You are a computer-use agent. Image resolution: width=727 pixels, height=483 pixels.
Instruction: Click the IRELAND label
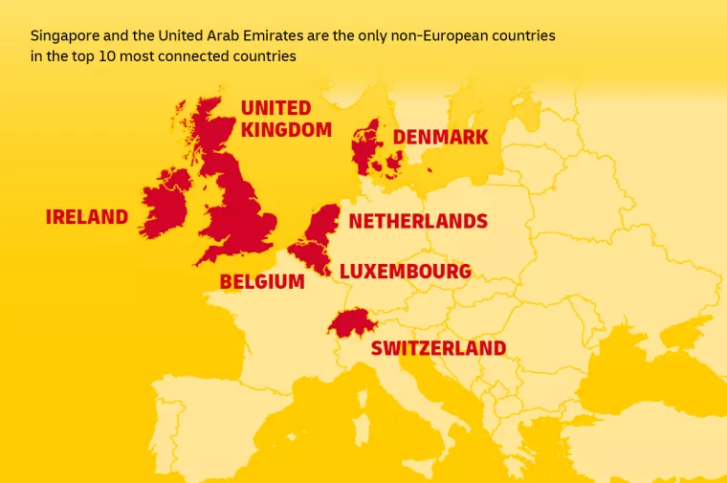86,217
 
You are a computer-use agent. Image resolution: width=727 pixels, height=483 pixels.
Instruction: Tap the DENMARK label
440,138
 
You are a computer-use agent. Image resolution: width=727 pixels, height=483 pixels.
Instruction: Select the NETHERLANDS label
418,222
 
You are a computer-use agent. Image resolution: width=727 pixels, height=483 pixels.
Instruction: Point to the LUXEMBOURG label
405,272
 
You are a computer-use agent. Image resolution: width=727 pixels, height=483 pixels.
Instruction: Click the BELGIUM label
262,282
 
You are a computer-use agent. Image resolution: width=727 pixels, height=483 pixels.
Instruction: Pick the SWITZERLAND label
438,348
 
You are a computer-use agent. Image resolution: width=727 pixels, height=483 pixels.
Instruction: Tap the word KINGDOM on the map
286,129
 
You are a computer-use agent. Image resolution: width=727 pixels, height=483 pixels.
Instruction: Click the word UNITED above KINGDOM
275,107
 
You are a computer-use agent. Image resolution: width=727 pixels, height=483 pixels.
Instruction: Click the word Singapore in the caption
63,35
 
